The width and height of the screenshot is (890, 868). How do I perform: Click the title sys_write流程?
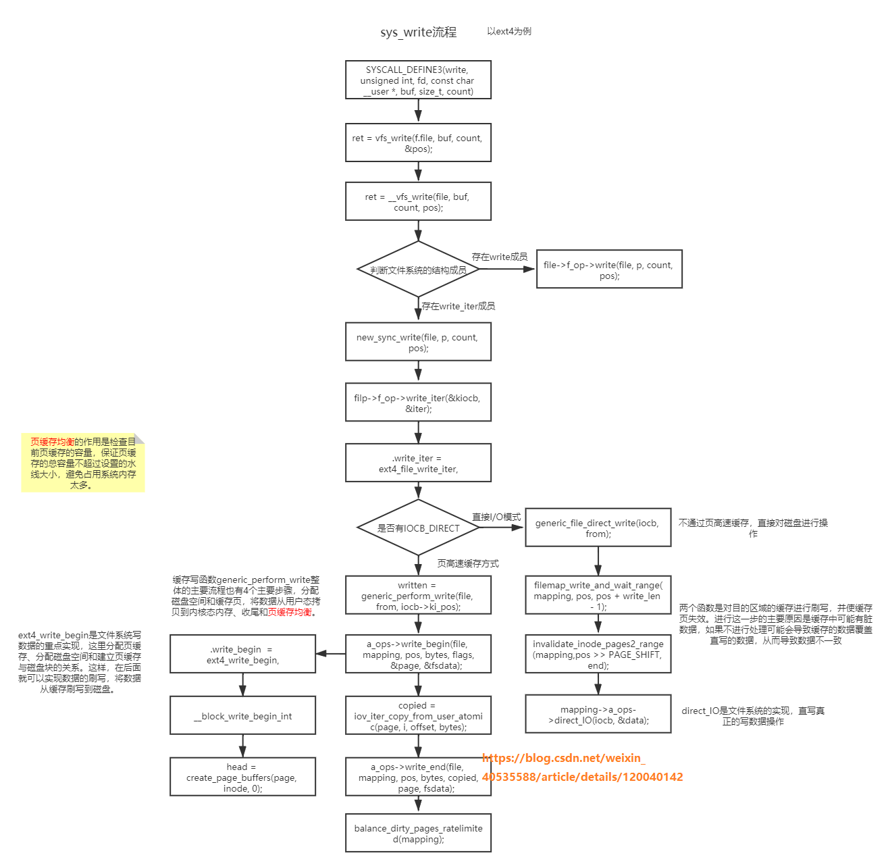[x=418, y=32]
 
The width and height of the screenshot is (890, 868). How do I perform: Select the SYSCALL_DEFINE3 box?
[x=418, y=80]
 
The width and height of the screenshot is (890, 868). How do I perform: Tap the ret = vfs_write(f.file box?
[x=418, y=143]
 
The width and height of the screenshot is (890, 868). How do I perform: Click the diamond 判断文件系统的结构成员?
[x=418, y=270]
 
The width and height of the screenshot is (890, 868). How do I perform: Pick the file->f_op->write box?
[x=608, y=270]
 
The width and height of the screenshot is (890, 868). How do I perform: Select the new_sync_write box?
[x=418, y=342]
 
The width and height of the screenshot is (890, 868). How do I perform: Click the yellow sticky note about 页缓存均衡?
[x=83, y=463]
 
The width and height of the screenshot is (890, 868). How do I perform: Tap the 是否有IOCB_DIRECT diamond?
[x=418, y=528]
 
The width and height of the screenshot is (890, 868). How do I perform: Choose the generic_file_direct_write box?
[x=598, y=528]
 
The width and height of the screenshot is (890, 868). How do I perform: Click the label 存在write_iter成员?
[x=458, y=306]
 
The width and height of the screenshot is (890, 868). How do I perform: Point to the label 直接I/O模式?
[x=496, y=517]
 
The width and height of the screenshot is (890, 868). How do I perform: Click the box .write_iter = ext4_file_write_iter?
[x=418, y=463]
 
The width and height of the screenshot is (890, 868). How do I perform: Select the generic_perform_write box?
[x=418, y=595]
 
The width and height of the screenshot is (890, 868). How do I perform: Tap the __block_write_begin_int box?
[x=242, y=715]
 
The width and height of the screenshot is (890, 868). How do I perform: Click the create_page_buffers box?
[x=242, y=777]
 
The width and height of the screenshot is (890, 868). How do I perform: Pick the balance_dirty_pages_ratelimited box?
[x=418, y=833]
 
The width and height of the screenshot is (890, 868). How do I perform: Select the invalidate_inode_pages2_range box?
[x=598, y=654]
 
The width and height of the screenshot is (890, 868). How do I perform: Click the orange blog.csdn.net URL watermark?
[x=582, y=767]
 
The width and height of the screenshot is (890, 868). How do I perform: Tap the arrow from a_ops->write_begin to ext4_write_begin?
[x=330, y=653]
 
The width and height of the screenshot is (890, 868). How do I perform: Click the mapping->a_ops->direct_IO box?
[x=598, y=714]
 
